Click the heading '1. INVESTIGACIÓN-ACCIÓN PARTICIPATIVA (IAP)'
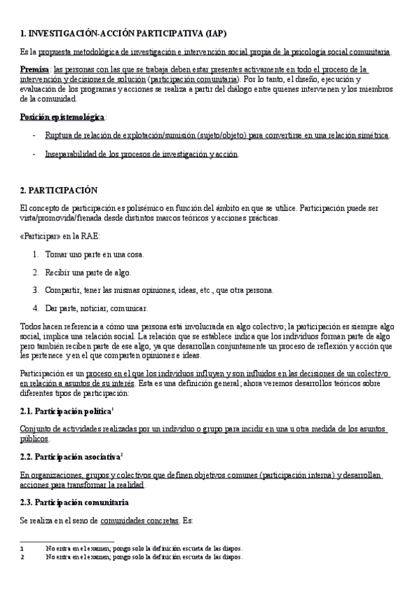point(123,33)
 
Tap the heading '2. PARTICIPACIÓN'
point(59,190)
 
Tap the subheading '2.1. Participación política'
point(66,411)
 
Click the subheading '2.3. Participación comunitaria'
point(74,502)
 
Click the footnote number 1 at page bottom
point(22,549)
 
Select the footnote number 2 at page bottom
point(22,557)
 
